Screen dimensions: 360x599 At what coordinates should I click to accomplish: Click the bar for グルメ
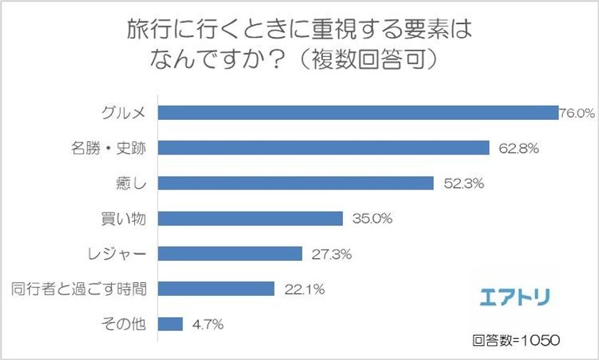pos(357,113)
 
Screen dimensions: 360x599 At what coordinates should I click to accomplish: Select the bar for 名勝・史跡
pos(323,148)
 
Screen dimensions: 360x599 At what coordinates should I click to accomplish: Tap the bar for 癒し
pos(295,183)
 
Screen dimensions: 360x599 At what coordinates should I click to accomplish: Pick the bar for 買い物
pos(250,219)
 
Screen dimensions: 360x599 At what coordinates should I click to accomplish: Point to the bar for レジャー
pos(230,254)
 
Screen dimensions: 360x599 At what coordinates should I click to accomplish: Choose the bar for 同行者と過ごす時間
pos(216,289)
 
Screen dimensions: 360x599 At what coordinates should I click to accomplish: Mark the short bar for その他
pos(170,324)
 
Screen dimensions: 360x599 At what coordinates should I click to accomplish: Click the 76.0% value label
pos(576,113)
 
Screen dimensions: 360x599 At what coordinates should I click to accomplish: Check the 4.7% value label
pos(208,324)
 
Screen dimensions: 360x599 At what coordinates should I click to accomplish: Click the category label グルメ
pos(124,113)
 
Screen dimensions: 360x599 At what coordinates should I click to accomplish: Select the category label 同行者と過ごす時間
pos(79,289)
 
